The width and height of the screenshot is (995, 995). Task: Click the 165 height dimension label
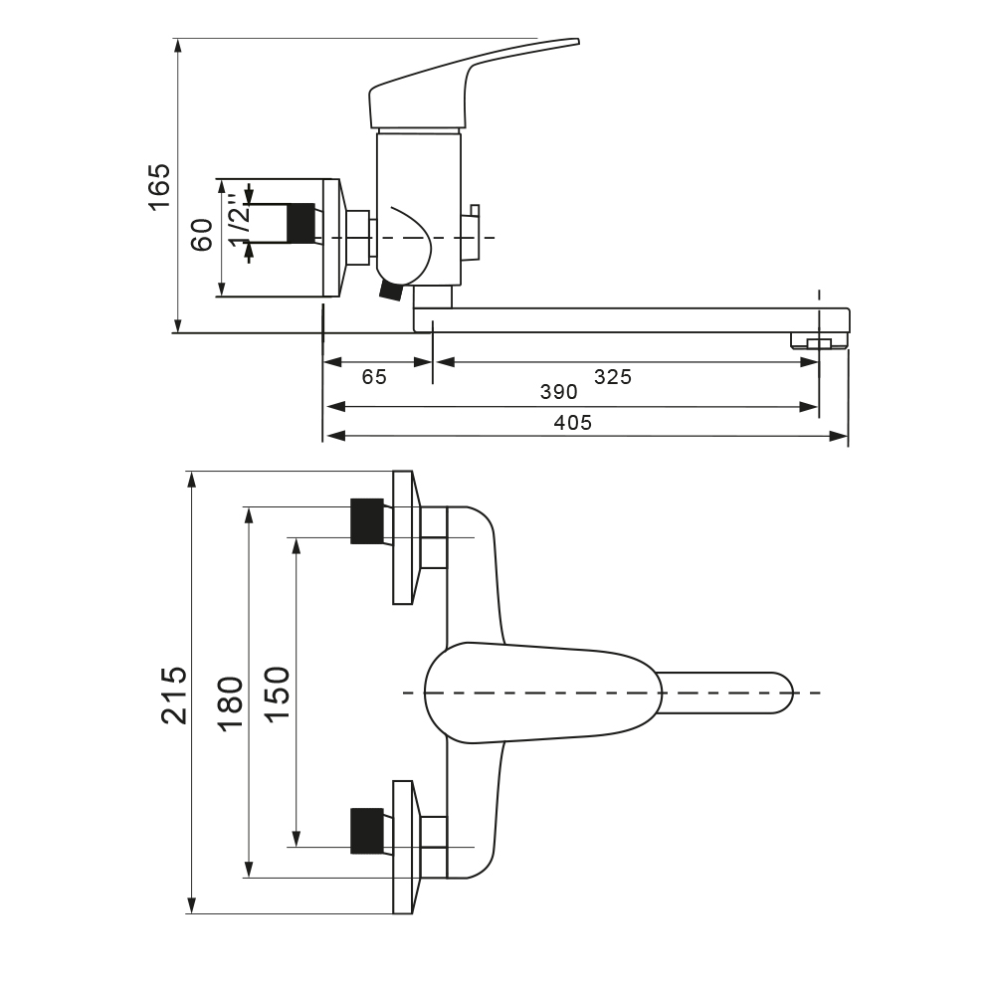pos(159,186)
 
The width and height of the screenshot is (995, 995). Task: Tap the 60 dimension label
pos(203,235)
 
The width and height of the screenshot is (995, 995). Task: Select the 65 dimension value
pos(374,377)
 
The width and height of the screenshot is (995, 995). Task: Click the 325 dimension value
pos(613,377)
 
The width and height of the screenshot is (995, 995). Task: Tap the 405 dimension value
pos(573,423)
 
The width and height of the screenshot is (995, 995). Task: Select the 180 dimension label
pos(231,703)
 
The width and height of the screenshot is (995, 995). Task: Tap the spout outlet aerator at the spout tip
pos(818,343)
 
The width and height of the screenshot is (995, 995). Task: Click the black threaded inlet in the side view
pos(300,222)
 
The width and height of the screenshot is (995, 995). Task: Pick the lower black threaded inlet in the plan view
pos(367,831)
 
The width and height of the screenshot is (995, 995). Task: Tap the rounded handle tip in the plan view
pos(776,693)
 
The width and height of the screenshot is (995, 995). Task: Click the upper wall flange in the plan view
pos(404,537)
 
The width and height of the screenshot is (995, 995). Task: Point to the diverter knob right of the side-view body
pos(473,227)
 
